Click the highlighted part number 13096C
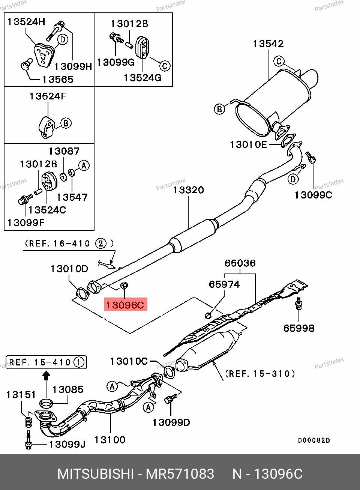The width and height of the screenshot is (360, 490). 125,305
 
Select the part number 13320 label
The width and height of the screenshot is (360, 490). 188,190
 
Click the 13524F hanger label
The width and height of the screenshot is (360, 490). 48,96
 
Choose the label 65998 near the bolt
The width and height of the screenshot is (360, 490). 298,328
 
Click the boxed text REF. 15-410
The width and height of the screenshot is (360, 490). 46,362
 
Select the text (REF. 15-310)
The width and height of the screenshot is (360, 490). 260,374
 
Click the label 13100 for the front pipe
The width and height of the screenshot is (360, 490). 110,439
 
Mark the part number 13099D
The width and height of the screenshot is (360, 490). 171,422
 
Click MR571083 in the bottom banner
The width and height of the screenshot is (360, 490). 180,474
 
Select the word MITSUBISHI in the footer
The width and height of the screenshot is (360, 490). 95,474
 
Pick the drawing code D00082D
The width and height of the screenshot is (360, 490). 314,440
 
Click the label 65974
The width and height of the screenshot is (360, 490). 224,284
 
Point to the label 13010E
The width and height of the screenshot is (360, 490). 249,144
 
